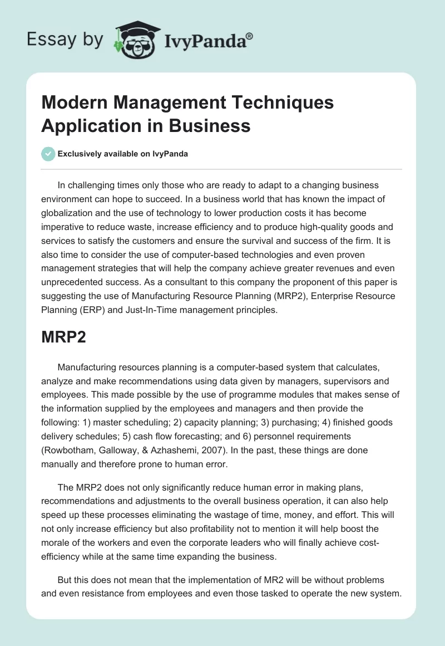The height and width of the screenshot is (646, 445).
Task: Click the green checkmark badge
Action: [x=48, y=154]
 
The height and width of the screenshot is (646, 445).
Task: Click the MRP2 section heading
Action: [x=63, y=337]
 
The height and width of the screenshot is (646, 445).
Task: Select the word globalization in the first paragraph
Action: [x=71, y=212]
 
